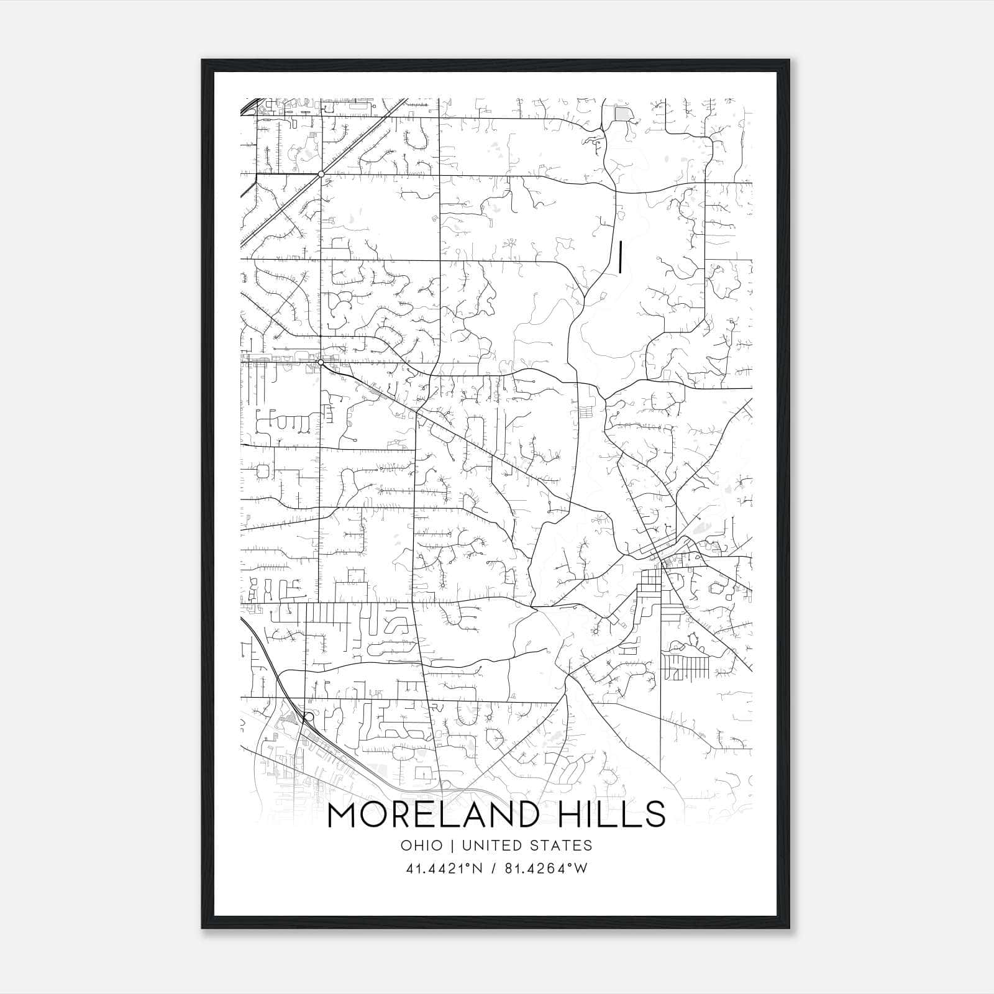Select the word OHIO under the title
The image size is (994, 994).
point(422,846)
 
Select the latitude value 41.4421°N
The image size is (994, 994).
point(444,869)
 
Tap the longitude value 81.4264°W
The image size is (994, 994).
point(546,869)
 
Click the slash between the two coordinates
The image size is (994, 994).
point(493,869)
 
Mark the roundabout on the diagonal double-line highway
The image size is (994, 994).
point(321,174)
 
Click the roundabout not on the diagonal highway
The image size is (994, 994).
point(321,362)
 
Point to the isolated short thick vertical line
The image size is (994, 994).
point(620,257)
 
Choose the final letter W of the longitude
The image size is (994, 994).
point(581,869)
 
